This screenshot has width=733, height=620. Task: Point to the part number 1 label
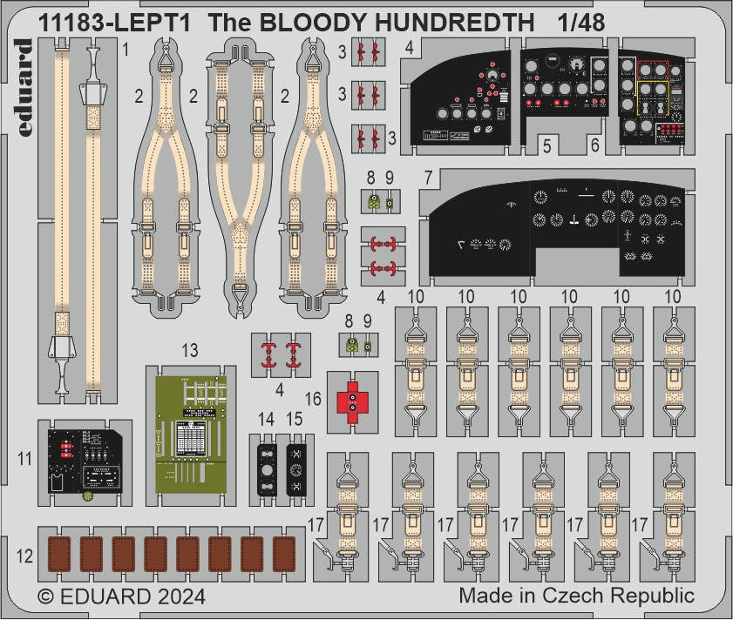click(126, 51)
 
